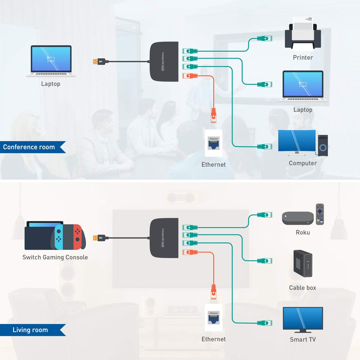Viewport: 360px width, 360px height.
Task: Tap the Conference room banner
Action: (30, 147)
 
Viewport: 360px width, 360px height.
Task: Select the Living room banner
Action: (30, 330)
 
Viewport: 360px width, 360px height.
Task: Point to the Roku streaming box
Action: (297, 218)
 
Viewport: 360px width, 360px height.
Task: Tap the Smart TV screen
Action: (302, 319)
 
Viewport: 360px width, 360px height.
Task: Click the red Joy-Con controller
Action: (77, 237)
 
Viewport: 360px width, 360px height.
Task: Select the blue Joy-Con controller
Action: (59, 237)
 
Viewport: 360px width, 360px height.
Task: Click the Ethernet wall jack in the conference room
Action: (213, 143)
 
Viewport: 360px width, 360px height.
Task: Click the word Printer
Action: (302, 57)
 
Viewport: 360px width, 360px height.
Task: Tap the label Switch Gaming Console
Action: (55, 257)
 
